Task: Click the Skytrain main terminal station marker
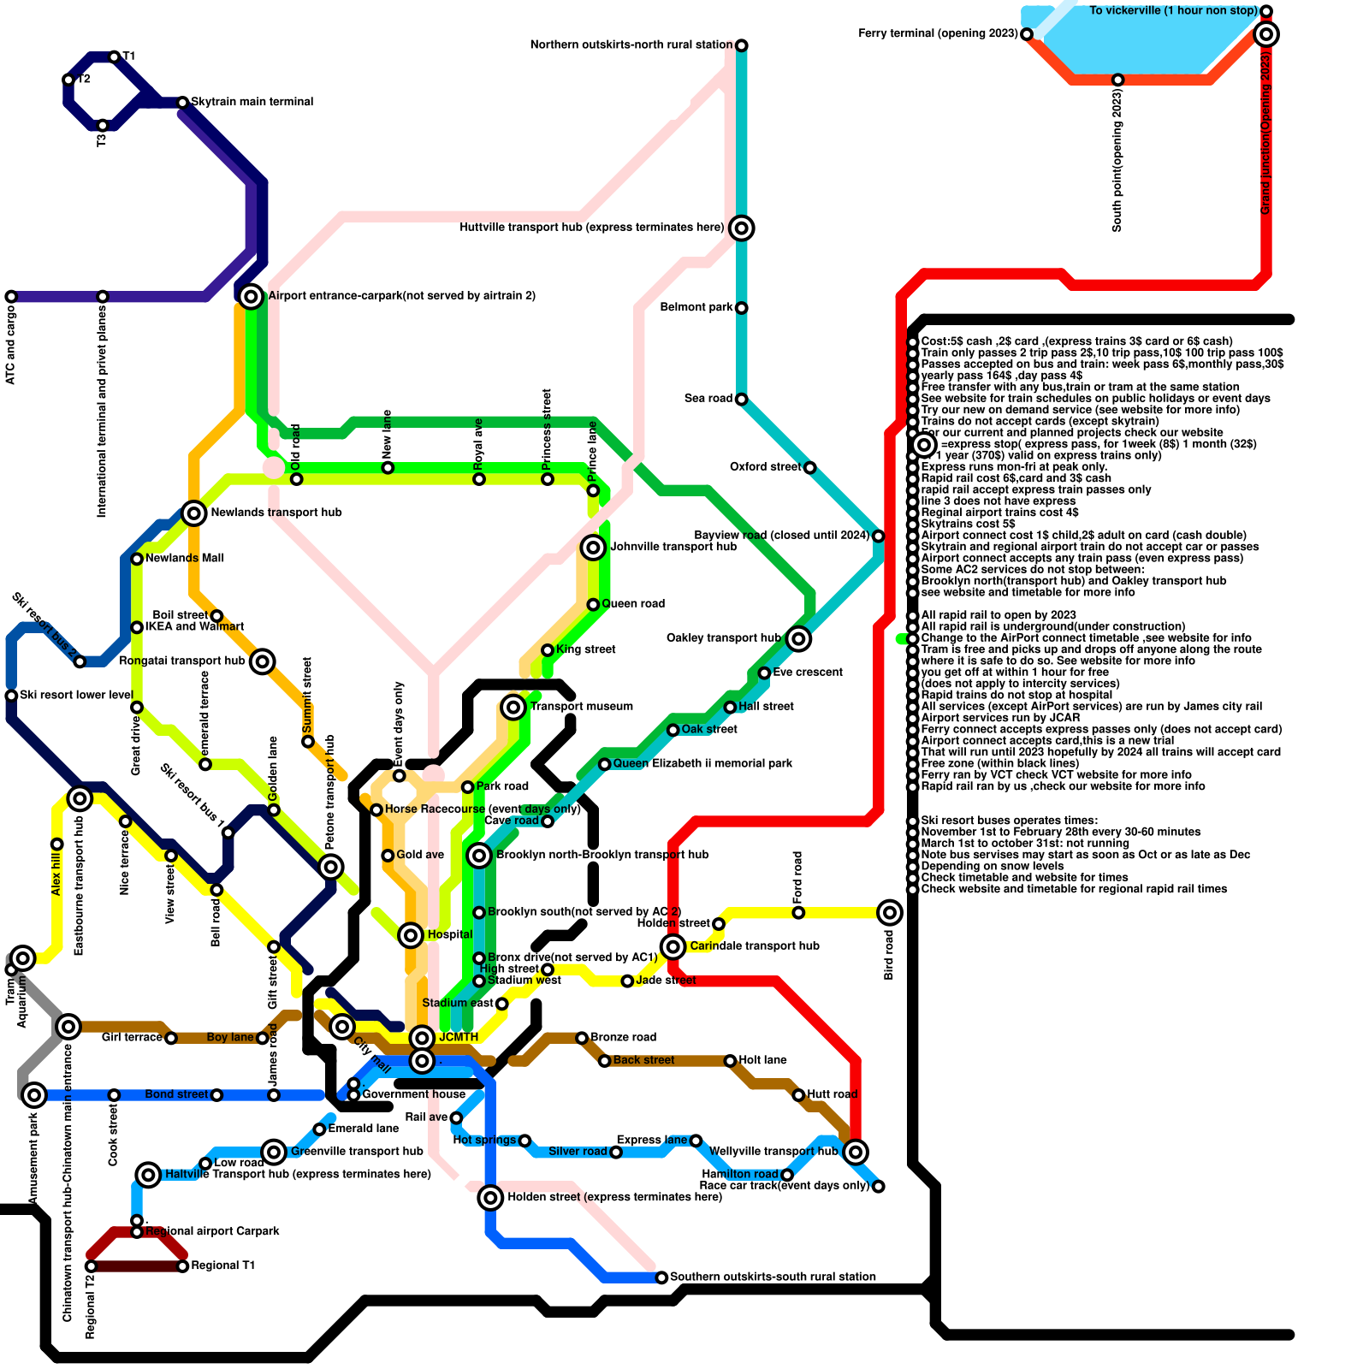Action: pos(182,103)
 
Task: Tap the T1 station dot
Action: pos(114,57)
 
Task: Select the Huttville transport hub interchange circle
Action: pos(742,228)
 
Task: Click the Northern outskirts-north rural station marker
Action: pos(742,45)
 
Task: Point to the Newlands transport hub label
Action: pos(276,513)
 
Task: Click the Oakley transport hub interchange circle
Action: pos(798,638)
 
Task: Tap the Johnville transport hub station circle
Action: pos(593,548)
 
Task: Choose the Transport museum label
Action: pos(582,707)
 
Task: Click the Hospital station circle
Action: pos(411,935)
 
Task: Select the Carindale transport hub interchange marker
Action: pos(673,946)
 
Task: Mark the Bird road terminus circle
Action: pos(890,912)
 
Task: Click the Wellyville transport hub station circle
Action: pos(856,1152)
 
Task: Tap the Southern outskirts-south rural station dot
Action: pos(661,1277)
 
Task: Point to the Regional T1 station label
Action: pos(222,1265)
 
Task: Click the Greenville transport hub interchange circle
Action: pos(274,1152)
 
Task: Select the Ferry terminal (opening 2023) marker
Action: pos(1027,34)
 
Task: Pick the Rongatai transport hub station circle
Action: pos(263,661)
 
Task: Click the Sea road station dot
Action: pos(742,400)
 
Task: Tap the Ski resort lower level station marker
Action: pos(11,696)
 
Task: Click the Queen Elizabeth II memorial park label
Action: pos(702,763)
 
